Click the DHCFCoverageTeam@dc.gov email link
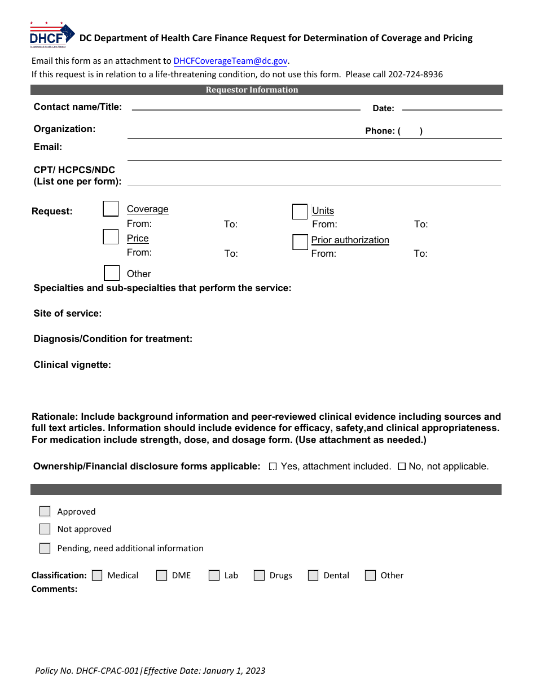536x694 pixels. click(x=231, y=61)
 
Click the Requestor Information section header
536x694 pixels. click(x=252, y=90)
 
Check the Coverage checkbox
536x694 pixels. click(x=111, y=209)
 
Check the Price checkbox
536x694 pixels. click(x=111, y=237)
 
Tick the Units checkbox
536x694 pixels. click(x=300, y=212)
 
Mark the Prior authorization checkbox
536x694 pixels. click(x=300, y=242)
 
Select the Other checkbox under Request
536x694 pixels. click(x=112, y=273)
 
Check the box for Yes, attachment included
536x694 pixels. click(x=273, y=467)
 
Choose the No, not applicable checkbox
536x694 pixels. click(x=402, y=467)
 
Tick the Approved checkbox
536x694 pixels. click(x=45, y=511)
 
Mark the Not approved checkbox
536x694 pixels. click(x=45, y=529)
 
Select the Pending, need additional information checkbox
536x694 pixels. click(x=45, y=548)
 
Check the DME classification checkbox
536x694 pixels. click(x=162, y=576)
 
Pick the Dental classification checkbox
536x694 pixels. click(x=313, y=576)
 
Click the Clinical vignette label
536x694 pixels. click(x=72, y=365)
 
